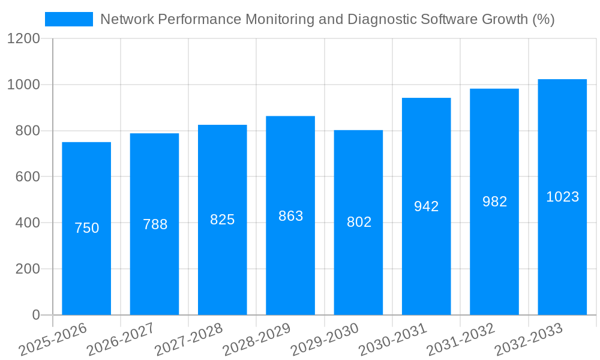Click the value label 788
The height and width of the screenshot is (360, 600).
click(155, 224)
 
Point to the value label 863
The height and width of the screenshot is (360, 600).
click(291, 216)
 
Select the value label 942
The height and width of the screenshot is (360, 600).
click(427, 206)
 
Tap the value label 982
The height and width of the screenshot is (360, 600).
click(494, 202)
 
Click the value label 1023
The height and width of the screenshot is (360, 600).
click(562, 197)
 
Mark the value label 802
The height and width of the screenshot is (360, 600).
click(359, 222)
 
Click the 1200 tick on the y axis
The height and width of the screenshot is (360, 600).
click(23, 39)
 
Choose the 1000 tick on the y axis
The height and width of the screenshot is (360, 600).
click(23, 85)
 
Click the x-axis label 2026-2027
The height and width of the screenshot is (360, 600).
click(121, 339)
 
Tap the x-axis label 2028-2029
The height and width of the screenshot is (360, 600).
click(257, 339)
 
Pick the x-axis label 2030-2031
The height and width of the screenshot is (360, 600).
click(393, 339)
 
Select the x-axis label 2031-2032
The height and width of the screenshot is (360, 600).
click(461, 339)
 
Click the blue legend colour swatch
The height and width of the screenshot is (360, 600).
click(69, 19)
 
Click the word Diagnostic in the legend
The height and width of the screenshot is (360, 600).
click(380, 19)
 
